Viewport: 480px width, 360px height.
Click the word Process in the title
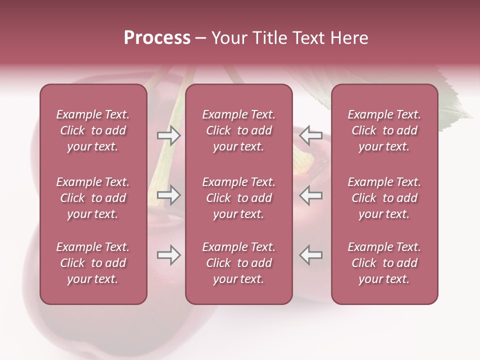(x=157, y=38)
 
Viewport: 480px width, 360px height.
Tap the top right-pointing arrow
(x=168, y=135)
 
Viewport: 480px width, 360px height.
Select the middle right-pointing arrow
(x=168, y=195)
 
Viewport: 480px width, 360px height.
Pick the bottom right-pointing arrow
(x=168, y=255)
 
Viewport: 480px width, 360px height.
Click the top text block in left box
(x=93, y=130)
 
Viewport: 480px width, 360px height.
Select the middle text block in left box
(x=93, y=198)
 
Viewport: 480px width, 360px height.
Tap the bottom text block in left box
(x=93, y=263)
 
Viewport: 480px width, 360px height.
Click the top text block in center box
(x=238, y=130)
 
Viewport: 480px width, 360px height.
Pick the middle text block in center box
(x=238, y=198)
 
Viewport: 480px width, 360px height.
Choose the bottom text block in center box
(x=238, y=263)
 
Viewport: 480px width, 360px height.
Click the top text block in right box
(x=384, y=130)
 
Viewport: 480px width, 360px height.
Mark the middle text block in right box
(x=384, y=198)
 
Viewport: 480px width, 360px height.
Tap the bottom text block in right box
(x=384, y=263)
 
